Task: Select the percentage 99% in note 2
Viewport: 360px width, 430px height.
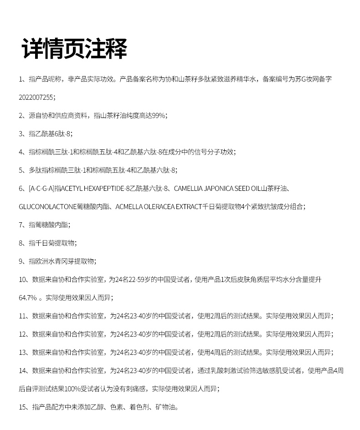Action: point(158,115)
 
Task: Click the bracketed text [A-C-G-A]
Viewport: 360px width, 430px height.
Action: point(41,188)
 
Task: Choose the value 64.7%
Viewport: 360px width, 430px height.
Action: point(27,297)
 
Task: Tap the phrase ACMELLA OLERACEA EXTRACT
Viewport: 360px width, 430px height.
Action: point(159,206)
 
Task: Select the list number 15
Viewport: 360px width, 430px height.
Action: point(23,407)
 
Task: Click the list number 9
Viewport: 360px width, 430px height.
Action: point(21,261)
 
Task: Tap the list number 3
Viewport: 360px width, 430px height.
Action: point(21,133)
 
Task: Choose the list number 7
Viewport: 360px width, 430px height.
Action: point(21,225)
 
